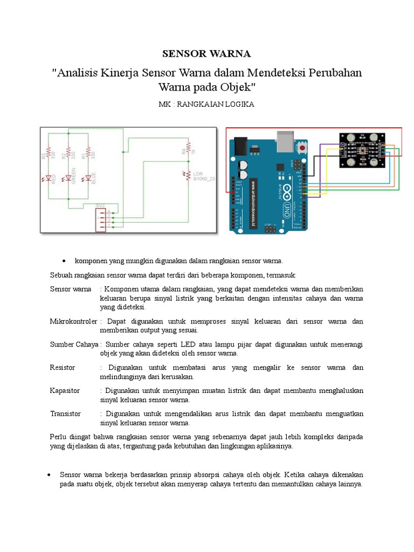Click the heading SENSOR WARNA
[207, 54]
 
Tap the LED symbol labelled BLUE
[87, 178]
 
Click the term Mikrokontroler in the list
[74, 321]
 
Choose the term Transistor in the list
[65, 414]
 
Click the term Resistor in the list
[63, 368]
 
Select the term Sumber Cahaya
[74, 344]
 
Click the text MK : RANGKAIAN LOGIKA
[207, 105]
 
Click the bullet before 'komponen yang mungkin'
[64, 261]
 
